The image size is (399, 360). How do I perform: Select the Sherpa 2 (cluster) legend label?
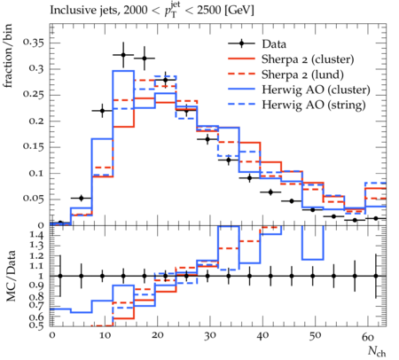coord(308,59)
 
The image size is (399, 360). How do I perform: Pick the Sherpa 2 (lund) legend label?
coord(302,74)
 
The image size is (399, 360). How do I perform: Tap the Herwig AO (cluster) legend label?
coord(316,90)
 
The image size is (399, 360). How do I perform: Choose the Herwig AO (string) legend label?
coord(314,105)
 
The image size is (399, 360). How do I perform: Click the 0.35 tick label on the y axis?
coord(34,43)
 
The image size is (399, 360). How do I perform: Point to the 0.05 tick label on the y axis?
coord(34,199)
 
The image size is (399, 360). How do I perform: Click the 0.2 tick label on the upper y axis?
coord(36,121)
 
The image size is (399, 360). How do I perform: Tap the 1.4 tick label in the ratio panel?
coord(37,236)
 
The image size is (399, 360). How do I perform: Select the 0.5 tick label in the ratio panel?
coord(37,325)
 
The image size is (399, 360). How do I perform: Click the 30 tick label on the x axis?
coord(210,336)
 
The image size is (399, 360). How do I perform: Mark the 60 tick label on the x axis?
coord(368,336)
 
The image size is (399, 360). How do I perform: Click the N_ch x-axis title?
coord(377,351)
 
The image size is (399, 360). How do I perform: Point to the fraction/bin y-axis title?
coord(8,56)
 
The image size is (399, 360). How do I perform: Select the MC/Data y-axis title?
coord(11,276)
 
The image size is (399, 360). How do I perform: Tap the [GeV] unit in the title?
coord(239,11)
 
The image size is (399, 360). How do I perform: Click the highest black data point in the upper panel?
coord(123,55)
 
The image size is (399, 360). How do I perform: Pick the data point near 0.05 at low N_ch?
coord(82,198)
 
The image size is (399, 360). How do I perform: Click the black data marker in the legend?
coord(241,43)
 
